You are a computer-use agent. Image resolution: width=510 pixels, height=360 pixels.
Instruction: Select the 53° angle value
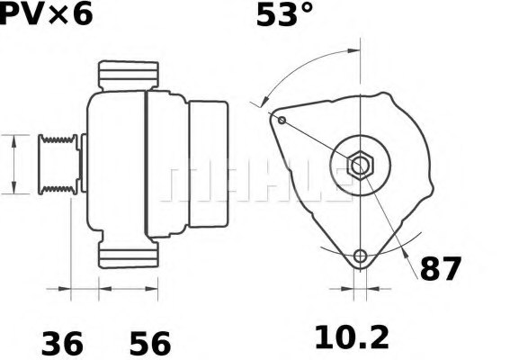[284, 15]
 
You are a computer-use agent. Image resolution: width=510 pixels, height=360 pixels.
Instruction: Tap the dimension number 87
[441, 269]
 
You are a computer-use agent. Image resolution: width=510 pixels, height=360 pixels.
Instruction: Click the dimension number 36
[62, 343]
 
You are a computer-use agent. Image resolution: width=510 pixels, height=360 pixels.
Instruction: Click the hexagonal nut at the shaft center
[360, 166]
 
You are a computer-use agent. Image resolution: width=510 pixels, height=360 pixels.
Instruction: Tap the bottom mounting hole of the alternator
[361, 256]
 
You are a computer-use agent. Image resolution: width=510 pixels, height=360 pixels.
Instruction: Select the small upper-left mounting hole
[282, 120]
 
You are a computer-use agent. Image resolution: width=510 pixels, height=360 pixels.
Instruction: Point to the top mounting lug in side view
[128, 75]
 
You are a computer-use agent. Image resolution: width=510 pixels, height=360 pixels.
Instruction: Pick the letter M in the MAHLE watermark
[186, 182]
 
